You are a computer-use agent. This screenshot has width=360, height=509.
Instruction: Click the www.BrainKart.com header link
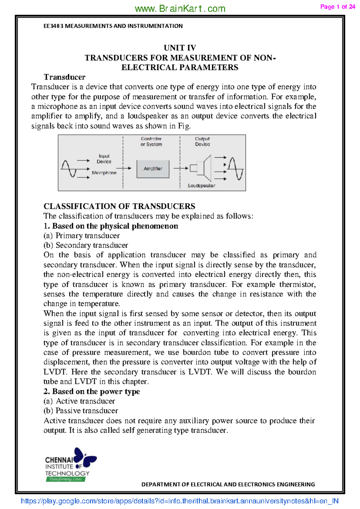pyautogui.click(x=180, y=8)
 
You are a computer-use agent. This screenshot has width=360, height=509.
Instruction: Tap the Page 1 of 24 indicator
pyautogui.click(x=337, y=7)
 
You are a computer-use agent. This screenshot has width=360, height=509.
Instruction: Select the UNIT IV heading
pyautogui.click(x=180, y=48)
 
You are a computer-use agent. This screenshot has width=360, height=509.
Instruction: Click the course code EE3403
pyautogui.click(x=53, y=26)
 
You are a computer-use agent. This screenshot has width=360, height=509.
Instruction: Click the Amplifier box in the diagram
pyautogui.click(x=153, y=169)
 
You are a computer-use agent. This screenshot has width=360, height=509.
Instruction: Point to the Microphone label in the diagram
pyautogui.click(x=104, y=173)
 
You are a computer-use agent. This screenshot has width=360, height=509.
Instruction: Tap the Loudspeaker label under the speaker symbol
pyautogui.click(x=201, y=186)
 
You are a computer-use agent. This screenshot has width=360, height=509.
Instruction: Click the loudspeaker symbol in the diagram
pyautogui.click(x=201, y=168)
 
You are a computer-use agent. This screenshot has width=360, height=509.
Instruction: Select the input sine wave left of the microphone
pyautogui.click(x=69, y=168)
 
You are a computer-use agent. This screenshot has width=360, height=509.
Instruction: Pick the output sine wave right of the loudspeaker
pyautogui.click(x=235, y=169)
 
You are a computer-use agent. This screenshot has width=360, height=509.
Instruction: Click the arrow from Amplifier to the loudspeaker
pyautogui.click(x=181, y=168)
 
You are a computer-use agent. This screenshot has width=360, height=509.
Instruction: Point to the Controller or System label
pyautogui.click(x=151, y=141)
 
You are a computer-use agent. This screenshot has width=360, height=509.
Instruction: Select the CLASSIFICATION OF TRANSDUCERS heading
pyautogui.click(x=119, y=206)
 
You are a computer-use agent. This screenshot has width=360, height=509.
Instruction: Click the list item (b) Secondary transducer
pyautogui.click(x=85, y=245)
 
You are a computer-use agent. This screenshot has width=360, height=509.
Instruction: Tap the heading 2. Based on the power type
pyautogui.click(x=91, y=391)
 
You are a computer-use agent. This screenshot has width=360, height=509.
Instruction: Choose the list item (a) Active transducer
pyautogui.click(x=79, y=401)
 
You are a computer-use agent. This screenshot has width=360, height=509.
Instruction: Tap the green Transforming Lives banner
pyautogui.click(x=66, y=479)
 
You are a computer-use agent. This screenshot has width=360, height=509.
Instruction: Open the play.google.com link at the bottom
pyautogui.click(x=179, y=501)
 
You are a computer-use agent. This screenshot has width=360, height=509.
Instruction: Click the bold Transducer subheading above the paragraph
pyautogui.click(x=64, y=77)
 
